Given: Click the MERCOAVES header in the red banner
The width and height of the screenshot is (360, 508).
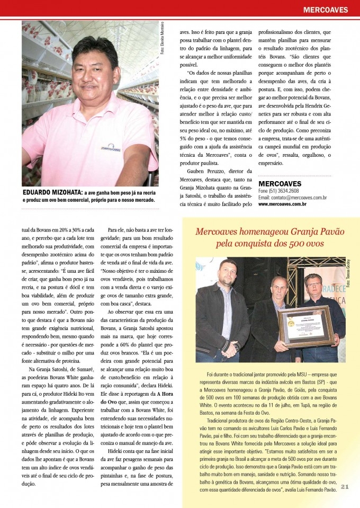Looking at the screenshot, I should tap(325, 10).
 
